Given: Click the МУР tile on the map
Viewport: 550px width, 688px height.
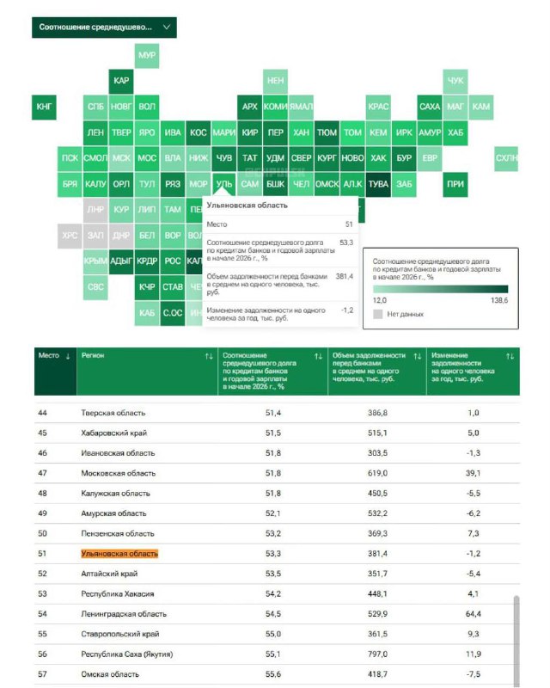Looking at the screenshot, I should pos(147,54).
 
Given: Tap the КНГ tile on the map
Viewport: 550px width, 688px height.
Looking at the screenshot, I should pos(45,107).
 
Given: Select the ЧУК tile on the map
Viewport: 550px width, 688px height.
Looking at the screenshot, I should pos(455,81).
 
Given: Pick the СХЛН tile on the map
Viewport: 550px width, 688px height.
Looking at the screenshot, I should pos(507,158).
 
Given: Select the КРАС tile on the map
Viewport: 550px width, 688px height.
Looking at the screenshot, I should pos(378,107).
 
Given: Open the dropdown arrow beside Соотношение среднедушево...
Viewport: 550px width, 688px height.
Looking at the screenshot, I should pos(167,27).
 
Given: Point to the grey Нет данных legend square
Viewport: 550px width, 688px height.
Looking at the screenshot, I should pos(378,315).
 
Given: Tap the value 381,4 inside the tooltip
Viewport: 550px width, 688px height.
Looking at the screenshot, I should pos(343,276).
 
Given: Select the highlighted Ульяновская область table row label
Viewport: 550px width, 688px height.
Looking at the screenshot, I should pos(119,554).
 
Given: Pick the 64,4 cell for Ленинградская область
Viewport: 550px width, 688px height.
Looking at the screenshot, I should pos(474,614).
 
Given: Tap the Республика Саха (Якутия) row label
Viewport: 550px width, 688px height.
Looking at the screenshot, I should pos(127,654).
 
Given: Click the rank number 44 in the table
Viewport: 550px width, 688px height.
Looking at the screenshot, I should pos(43,413).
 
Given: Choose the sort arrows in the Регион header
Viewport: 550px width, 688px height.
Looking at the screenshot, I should pos(208,356).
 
